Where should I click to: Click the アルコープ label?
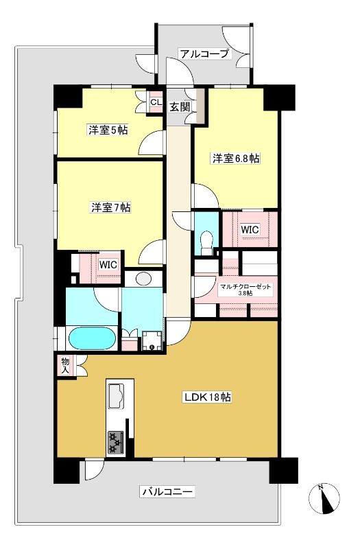(x=204, y=54)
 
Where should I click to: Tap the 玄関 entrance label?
(x=180, y=107)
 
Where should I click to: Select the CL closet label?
(x=156, y=102)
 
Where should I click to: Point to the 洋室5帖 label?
(x=108, y=130)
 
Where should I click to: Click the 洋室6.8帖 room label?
(x=236, y=159)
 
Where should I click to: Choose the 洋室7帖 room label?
(x=111, y=208)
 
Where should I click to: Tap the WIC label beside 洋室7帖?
(x=108, y=265)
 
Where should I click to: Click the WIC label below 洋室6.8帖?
(x=250, y=230)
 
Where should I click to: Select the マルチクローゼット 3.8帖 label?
(x=245, y=290)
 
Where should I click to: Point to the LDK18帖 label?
(x=208, y=397)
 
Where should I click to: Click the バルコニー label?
(x=167, y=492)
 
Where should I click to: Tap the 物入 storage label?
(x=65, y=365)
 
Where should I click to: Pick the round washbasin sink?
(x=143, y=279)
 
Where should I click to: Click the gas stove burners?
(x=116, y=442)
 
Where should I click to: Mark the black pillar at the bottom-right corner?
(x=284, y=471)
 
